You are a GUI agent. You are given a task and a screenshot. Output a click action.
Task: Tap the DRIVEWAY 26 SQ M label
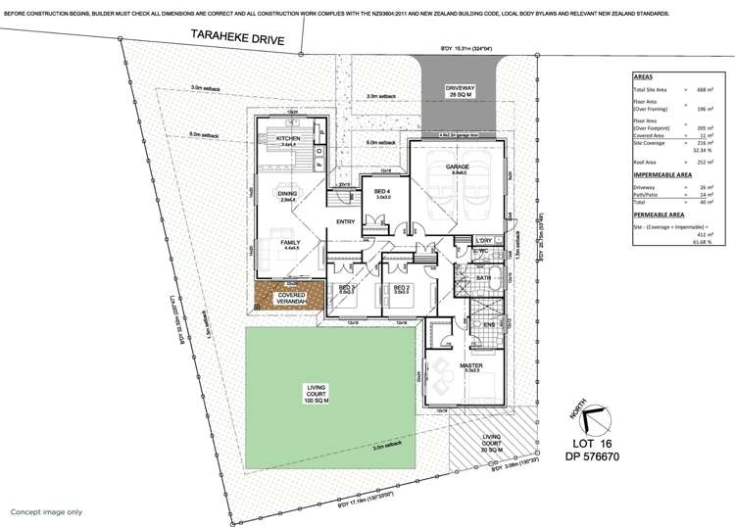461,90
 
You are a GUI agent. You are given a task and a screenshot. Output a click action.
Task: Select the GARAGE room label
458,168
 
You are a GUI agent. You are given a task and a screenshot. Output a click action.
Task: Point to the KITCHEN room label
288,139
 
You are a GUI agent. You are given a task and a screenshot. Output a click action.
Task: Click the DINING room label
287,194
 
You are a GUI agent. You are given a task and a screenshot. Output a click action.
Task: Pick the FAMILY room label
289,243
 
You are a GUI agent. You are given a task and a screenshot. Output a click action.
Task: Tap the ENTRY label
345,221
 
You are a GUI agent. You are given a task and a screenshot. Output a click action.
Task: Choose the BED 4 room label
383,191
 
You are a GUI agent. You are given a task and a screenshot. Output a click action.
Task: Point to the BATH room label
483,278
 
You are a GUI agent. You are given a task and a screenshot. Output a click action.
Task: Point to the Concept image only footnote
46,512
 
